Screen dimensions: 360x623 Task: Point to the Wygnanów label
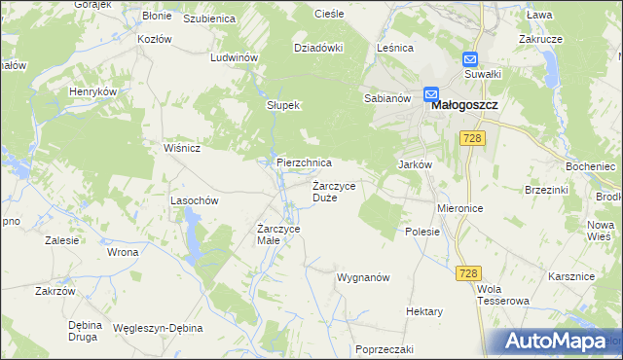point(363,277)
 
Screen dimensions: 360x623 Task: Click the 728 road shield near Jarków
point(474,140)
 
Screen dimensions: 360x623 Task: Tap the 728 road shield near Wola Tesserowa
point(466,275)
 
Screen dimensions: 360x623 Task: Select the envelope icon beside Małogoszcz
point(431,93)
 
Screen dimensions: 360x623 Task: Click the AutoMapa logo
point(558,342)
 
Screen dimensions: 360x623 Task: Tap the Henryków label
point(92,90)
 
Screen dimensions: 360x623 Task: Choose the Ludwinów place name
point(234,57)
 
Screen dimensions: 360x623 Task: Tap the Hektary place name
point(424,311)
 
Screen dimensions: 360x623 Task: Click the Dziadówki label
point(319,47)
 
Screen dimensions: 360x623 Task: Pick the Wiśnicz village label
point(182,148)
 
